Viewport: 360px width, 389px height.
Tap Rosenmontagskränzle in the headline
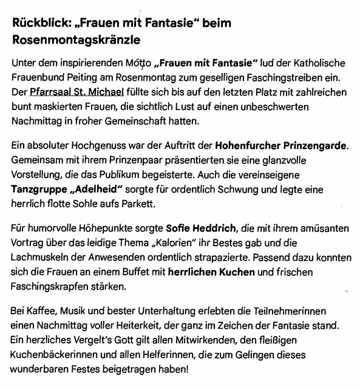(x=76, y=41)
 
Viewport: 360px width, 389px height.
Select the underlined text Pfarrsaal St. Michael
(x=76, y=92)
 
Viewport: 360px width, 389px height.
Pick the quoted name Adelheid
(x=97, y=190)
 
